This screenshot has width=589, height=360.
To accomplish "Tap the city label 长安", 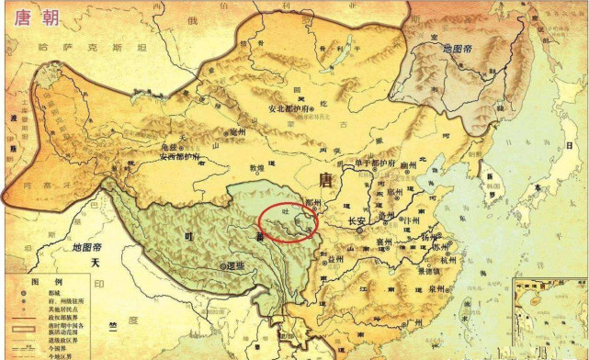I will [357, 221].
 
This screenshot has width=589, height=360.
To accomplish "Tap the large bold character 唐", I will [323, 180].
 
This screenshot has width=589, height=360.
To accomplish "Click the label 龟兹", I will [167, 146].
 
